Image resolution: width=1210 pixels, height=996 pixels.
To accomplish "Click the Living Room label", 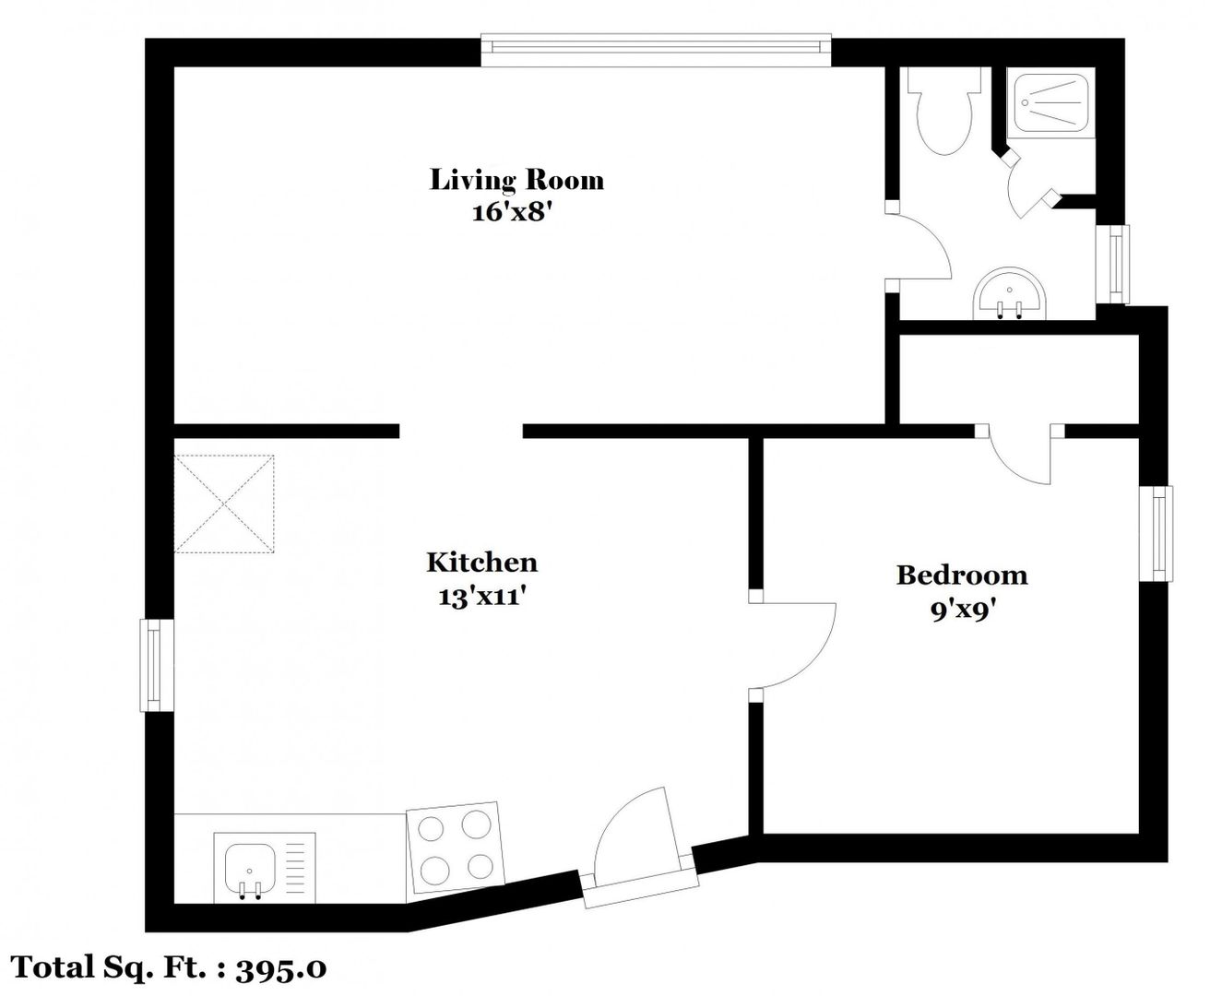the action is click(516, 180).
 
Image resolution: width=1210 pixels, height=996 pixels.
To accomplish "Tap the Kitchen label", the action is click(482, 563).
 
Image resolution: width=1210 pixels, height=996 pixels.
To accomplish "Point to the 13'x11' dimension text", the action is click(482, 597).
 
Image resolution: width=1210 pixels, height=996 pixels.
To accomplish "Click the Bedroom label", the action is click(962, 575).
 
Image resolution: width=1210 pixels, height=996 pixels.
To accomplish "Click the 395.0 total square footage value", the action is click(281, 968).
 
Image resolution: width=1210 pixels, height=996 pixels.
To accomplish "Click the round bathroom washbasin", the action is click(1009, 293).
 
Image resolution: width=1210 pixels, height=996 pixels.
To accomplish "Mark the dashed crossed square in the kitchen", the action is click(224, 504).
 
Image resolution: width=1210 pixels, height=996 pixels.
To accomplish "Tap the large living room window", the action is click(656, 51).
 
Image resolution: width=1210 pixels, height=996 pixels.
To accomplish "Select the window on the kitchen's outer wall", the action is click(156, 666).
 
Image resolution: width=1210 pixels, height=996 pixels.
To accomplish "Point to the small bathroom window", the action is click(1113, 264).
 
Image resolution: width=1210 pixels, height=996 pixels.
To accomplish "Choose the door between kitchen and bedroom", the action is click(791, 646).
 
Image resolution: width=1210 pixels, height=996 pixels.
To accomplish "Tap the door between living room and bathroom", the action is click(918, 245).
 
